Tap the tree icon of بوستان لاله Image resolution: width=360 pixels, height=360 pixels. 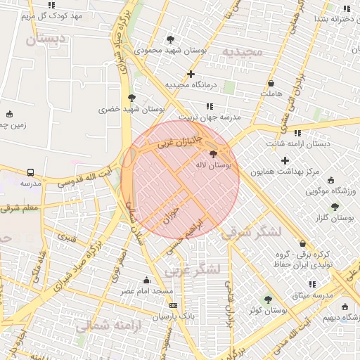213,153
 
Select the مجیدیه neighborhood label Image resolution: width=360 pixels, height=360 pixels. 242,52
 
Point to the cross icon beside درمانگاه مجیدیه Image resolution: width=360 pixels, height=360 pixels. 191,74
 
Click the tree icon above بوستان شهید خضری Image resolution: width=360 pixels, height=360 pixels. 131,98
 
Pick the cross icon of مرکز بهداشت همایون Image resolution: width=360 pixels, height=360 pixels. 285,160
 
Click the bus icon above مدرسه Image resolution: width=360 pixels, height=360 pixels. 31,172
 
